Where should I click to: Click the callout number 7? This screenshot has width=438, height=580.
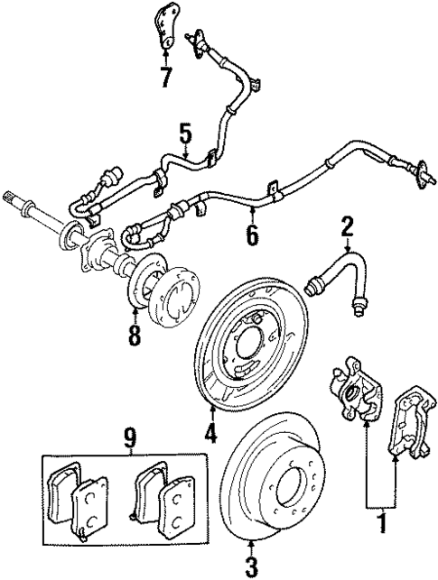pyautogui.click(x=164, y=77)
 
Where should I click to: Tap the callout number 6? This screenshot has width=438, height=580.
pyautogui.click(x=252, y=236)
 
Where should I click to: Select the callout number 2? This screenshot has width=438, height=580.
pyautogui.click(x=345, y=226)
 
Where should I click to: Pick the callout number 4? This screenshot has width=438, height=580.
pyautogui.click(x=210, y=433)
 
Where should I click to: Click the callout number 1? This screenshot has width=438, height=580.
pyautogui.click(x=381, y=521)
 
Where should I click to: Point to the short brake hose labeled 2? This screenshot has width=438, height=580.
pyautogui.click(x=343, y=275)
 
